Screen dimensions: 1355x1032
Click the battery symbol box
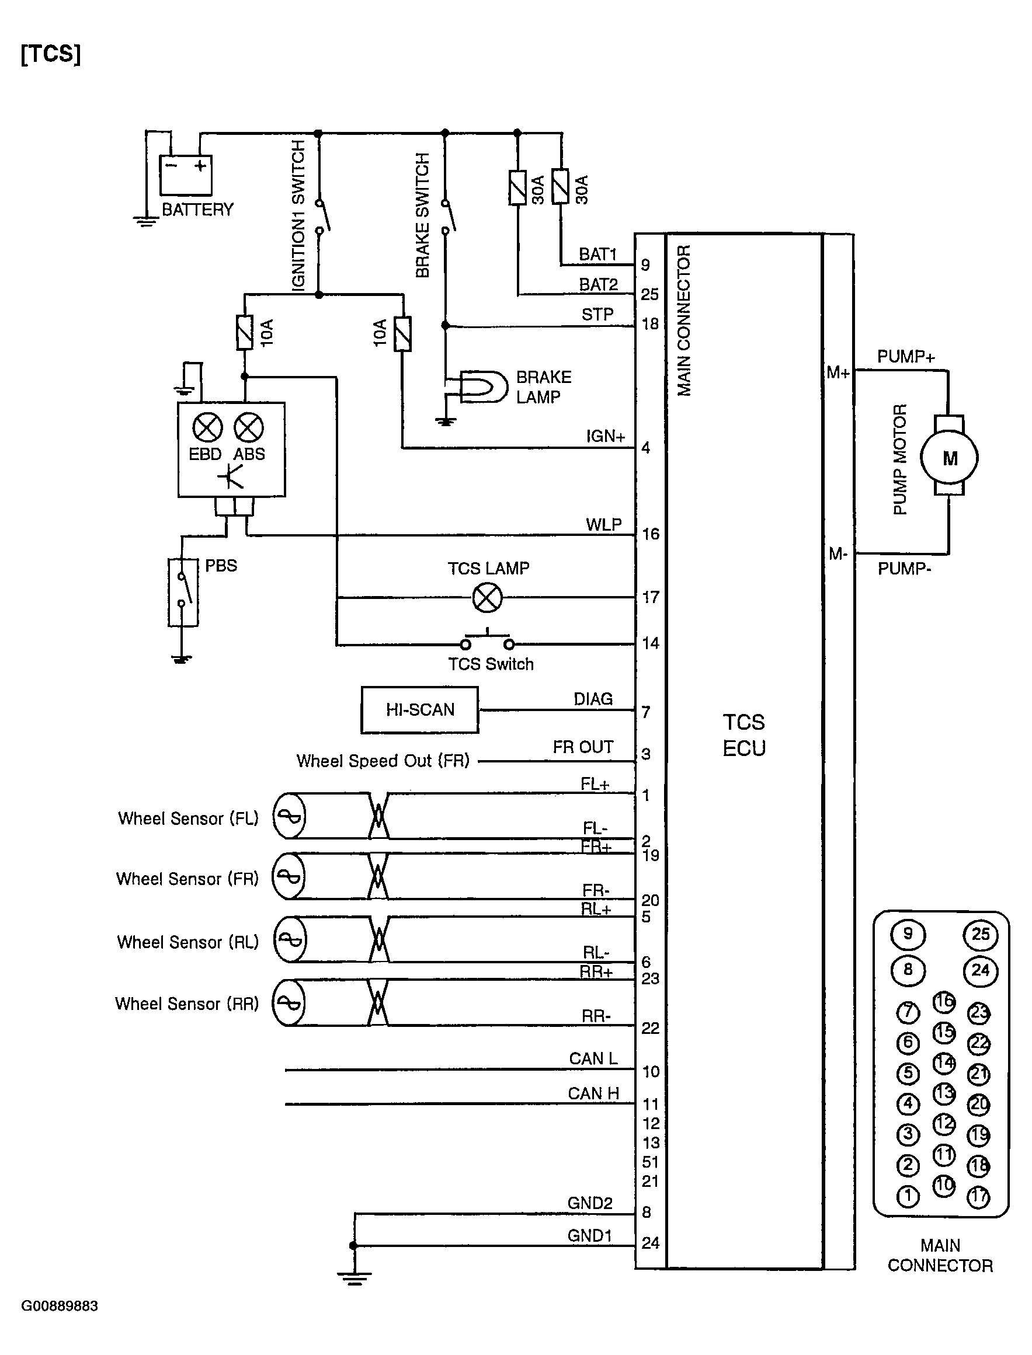(186, 175)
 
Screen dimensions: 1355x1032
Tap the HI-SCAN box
(419, 710)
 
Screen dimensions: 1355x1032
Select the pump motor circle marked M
(949, 458)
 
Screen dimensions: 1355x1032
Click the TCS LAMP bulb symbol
(487, 597)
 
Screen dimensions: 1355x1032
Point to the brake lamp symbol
(484, 387)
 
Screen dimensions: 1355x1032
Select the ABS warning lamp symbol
(249, 428)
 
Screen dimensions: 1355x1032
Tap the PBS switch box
(183, 592)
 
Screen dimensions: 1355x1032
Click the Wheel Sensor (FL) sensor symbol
(289, 816)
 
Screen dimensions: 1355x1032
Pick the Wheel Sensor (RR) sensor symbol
(289, 1002)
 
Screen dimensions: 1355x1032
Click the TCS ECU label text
(744, 735)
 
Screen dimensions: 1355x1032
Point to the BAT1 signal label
(597, 254)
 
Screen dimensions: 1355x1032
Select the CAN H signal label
(593, 1093)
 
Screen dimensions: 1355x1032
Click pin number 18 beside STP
(650, 323)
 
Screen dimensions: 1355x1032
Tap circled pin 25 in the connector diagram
(980, 934)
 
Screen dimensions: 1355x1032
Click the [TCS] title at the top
(50, 54)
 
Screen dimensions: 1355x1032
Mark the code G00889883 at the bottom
(60, 1306)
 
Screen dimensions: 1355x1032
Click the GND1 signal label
(590, 1235)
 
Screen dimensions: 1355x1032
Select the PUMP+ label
(905, 357)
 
